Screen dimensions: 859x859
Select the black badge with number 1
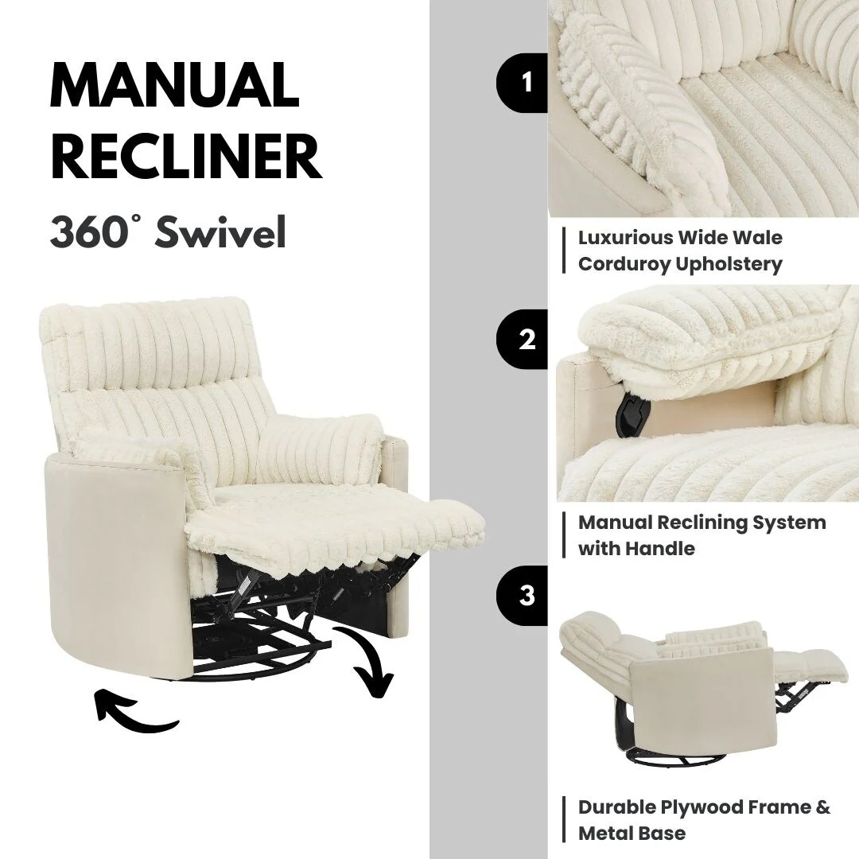click(x=525, y=83)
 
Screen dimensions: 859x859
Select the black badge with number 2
click(x=525, y=340)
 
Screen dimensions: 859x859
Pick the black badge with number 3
click(x=525, y=596)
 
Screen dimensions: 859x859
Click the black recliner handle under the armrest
click(x=632, y=410)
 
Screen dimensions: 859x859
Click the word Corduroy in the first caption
click(x=624, y=264)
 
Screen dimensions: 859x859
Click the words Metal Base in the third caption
click(x=632, y=833)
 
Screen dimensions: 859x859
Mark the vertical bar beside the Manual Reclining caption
click(x=564, y=534)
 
